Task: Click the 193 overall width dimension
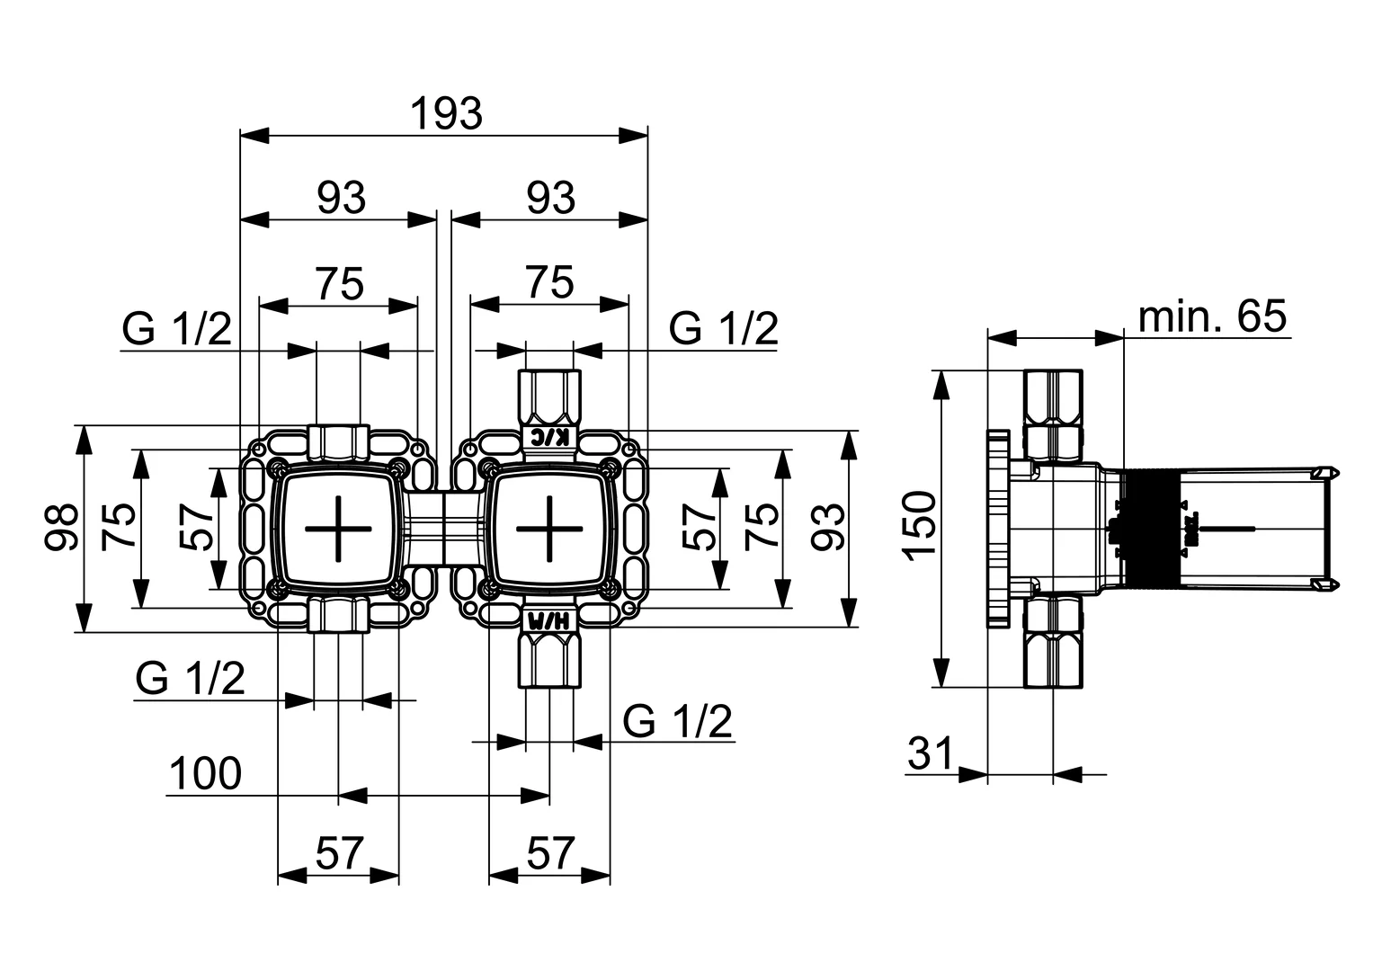click(446, 114)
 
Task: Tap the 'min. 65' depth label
click(1212, 316)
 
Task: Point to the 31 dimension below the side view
click(929, 753)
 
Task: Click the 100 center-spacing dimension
click(206, 773)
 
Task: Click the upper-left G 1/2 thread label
click(177, 330)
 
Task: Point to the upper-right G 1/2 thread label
click(723, 329)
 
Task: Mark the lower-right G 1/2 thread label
click(678, 721)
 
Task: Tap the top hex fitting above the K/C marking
click(550, 396)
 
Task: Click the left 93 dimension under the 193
click(341, 198)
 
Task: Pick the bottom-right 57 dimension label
click(549, 852)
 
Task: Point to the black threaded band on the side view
click(1150, 528)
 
